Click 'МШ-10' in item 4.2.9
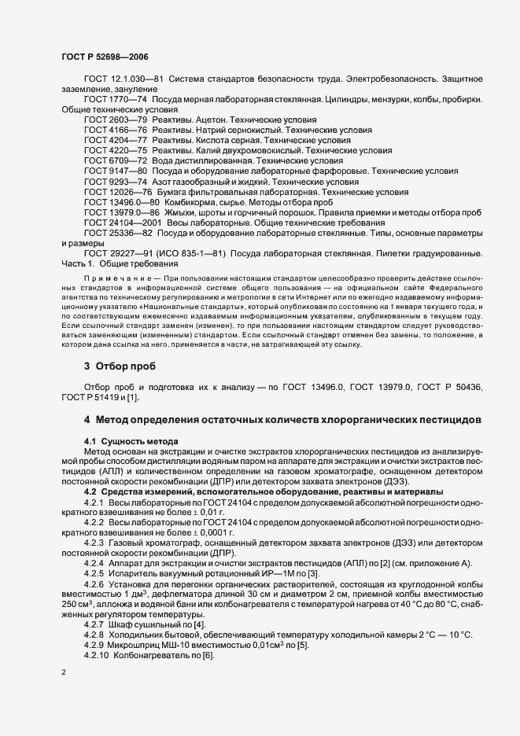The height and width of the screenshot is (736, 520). click(x=164, y=645)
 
